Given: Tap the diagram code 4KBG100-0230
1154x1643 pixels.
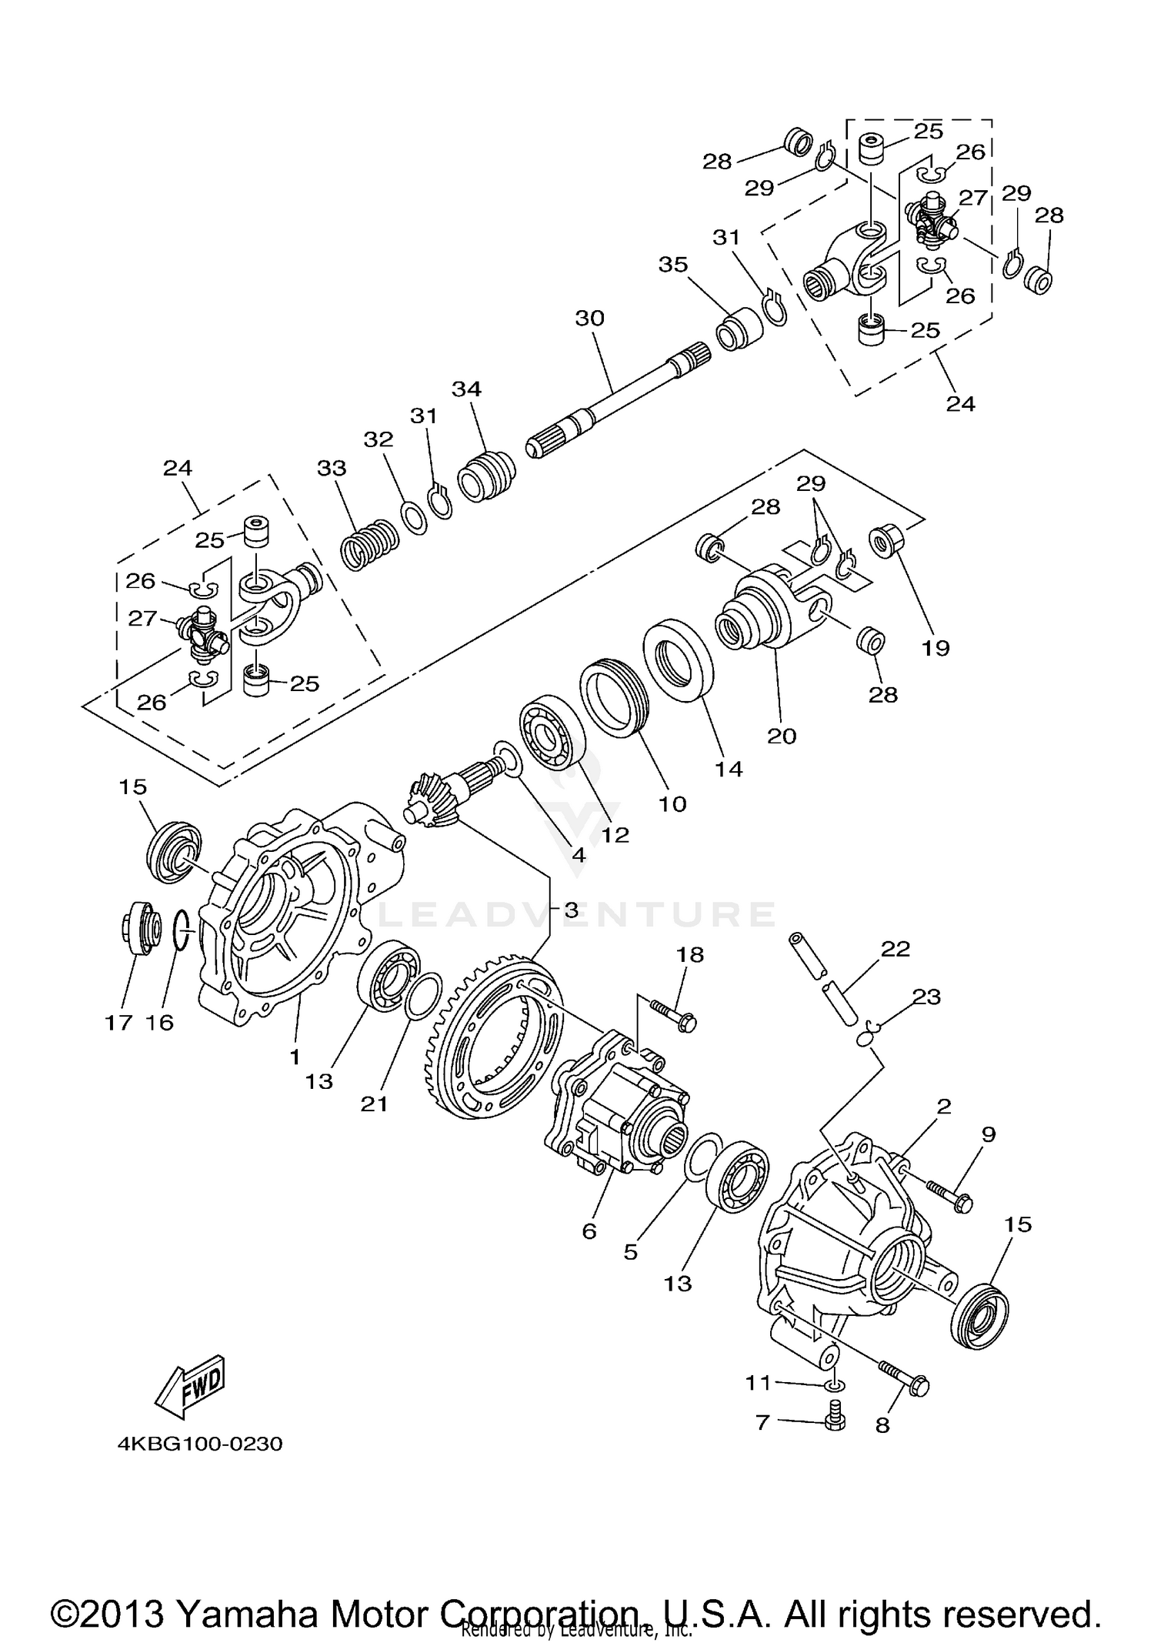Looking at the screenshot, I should coord(200,1444).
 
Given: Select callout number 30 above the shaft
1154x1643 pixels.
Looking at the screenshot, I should coord(590,318).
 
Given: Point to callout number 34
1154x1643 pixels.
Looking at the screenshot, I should coord(466,389).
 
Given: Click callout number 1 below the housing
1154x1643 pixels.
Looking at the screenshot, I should coord(295,1057).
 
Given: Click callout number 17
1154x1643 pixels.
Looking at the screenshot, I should coord(119,1022).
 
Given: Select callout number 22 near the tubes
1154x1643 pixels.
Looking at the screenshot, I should coord(896,949).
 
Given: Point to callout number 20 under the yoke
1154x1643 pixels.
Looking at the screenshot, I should coord(782,736).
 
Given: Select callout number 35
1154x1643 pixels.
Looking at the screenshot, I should coord(673,265).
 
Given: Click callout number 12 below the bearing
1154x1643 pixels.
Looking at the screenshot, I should coord(615,835).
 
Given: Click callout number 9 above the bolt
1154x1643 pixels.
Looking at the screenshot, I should coord(989,1134).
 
